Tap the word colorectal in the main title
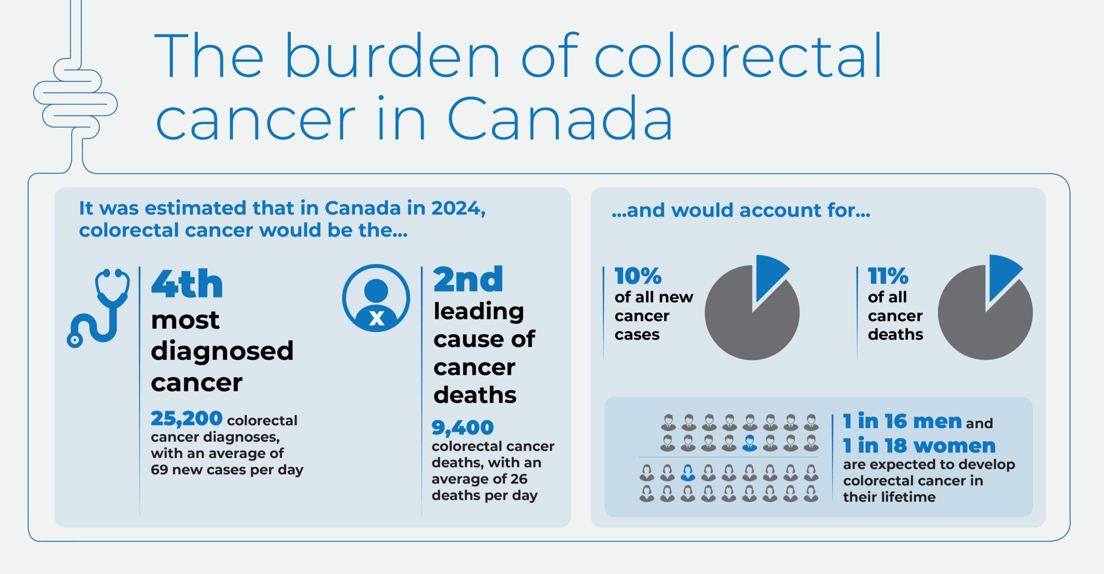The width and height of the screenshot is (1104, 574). pos(737,56)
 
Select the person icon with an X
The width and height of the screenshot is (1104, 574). pos(376,298)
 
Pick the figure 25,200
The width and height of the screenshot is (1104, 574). pos(186,419)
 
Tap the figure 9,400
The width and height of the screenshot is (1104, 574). pos(462,428)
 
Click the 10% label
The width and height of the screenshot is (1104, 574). pos(638,276)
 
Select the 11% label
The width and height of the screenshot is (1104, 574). pos(888,276)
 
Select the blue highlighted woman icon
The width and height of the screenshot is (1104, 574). pos(688,473)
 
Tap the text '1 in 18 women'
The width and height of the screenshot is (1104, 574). pos(919,445)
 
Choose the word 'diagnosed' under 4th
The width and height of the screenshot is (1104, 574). pos(222,350)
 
